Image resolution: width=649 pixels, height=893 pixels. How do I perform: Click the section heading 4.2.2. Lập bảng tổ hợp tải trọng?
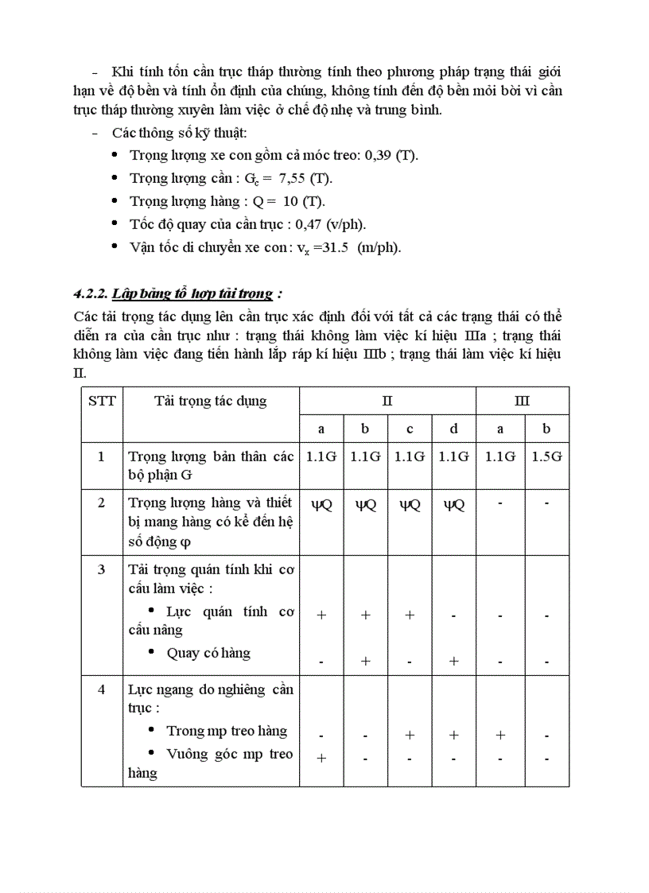[174, 293]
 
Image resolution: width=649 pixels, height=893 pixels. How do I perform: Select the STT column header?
[101, 401]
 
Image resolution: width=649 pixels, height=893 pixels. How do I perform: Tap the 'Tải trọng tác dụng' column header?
[210, 401]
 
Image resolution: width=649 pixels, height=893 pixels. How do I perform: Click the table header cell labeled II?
[387, 401]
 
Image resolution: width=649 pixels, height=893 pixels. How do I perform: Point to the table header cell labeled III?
[522, 401]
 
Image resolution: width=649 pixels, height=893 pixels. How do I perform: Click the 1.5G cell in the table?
[546, 456]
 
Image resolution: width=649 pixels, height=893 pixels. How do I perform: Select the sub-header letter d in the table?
[453, 429]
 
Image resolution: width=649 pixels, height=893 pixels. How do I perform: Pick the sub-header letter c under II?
[410, 429]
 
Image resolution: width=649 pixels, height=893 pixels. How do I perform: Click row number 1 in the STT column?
[101, 456]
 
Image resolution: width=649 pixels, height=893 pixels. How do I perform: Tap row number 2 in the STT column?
[101, 503]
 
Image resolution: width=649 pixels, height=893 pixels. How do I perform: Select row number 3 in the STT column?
[101, 569]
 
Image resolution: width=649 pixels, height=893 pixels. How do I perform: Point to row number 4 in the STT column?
[101, 689]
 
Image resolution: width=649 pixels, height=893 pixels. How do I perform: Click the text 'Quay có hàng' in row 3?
[208, 653]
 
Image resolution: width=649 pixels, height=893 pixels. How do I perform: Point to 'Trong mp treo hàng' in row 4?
[227, 731]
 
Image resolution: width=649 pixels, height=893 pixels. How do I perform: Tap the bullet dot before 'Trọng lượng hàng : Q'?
[116, 200]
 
